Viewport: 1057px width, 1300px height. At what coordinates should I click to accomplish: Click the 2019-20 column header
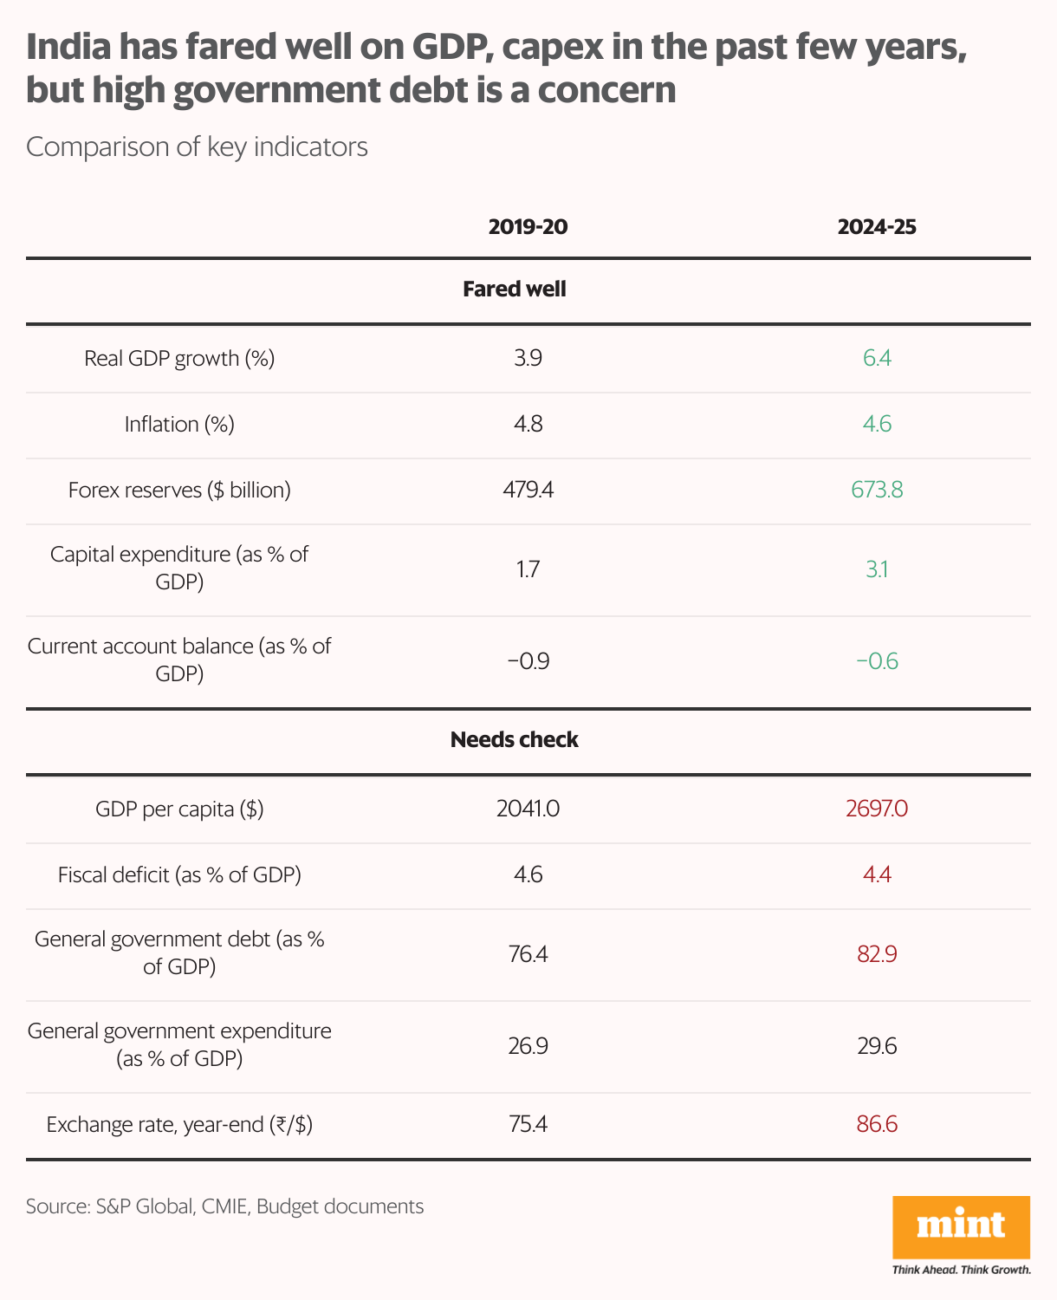tap(528, 227)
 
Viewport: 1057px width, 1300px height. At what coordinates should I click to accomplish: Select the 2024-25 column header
tap(877, 227)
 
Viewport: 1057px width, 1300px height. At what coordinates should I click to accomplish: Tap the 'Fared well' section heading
tap(515, 289)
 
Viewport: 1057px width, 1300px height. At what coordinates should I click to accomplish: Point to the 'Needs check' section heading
tap(515, 740)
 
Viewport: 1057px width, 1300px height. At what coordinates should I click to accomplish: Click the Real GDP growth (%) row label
tap(179, 359)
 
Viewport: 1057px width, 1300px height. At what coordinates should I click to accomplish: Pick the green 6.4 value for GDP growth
tap(877, 359)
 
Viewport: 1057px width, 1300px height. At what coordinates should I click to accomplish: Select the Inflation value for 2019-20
tap(528, 425)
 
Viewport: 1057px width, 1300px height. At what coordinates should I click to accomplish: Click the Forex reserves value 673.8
tap(877, 491)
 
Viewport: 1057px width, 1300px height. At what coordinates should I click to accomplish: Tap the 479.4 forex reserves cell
tap(528, 491)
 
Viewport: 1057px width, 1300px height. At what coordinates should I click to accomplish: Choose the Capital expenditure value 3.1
tap(877, 570)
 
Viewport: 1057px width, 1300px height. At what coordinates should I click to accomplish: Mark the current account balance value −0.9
tap(528, 662)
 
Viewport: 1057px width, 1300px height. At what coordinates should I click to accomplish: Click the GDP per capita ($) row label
tap(179, 809)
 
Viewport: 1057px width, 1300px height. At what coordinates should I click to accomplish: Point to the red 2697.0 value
tap(877, 809)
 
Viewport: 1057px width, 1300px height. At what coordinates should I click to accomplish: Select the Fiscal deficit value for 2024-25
tap(877, 875)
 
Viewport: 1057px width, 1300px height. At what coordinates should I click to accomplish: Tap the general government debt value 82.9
tap(877, 955)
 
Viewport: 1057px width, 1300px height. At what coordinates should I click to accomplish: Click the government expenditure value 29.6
tap(877, 1047)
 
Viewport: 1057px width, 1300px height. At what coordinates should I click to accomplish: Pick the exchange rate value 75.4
tap(528, 1125)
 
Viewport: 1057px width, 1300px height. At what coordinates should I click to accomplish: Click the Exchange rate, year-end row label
tap(179, 1125)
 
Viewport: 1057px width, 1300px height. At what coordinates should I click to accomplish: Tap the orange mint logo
tap(961, 1226)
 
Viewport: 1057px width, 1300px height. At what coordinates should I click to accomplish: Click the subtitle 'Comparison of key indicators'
tap(197, 147)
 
